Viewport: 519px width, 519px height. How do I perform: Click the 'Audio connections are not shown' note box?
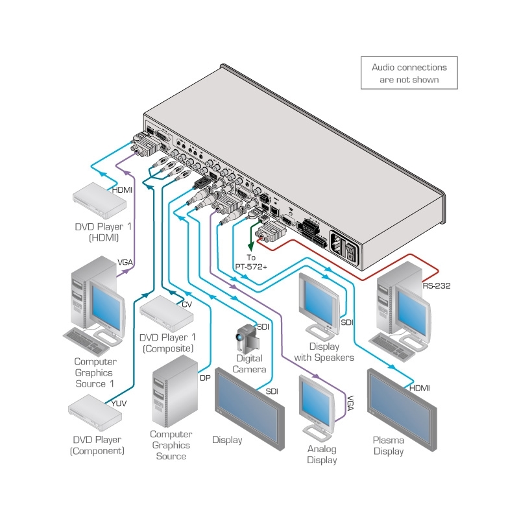[x=409, y=73]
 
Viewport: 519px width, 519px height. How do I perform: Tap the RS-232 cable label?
[x=436, y=285]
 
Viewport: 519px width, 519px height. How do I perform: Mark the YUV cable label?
[x=119, y=404]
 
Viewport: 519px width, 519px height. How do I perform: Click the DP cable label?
[x=205, y=378]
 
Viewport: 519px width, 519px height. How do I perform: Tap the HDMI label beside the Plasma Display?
[x=419, y=388]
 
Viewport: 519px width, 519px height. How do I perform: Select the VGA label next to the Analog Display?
[x=350, y=400]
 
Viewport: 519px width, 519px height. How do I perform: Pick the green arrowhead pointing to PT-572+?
[x=250, y=247]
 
